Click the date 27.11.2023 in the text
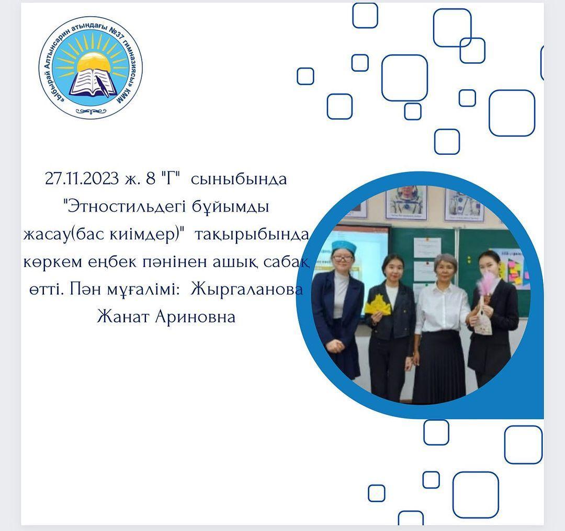click(82, 178)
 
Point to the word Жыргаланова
click(246, 290)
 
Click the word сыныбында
click(239, 179)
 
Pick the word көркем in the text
click(53, 262)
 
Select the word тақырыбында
click(252, 235)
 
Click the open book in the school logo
click(93, 84)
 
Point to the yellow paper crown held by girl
click(378, 304)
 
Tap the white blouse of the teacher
click(442, 307)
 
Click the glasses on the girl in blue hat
click(342, 258)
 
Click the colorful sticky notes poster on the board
click(516, 269)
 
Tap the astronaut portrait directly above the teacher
click(406, 203)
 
